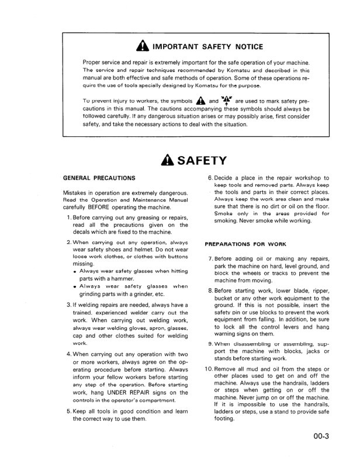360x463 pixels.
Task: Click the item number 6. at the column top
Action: (211, 178)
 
